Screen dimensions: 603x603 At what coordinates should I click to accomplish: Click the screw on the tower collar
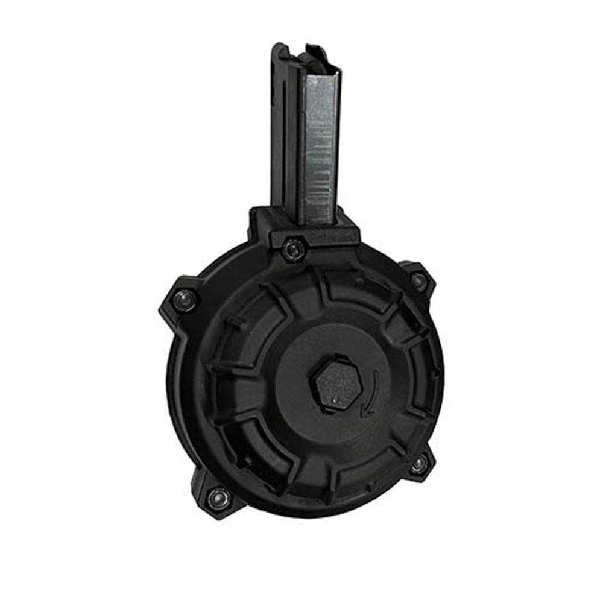click(292, 248)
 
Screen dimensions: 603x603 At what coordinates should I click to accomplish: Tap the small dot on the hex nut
click(331, 399)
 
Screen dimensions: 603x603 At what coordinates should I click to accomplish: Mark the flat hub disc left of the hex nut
click(289, 386)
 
